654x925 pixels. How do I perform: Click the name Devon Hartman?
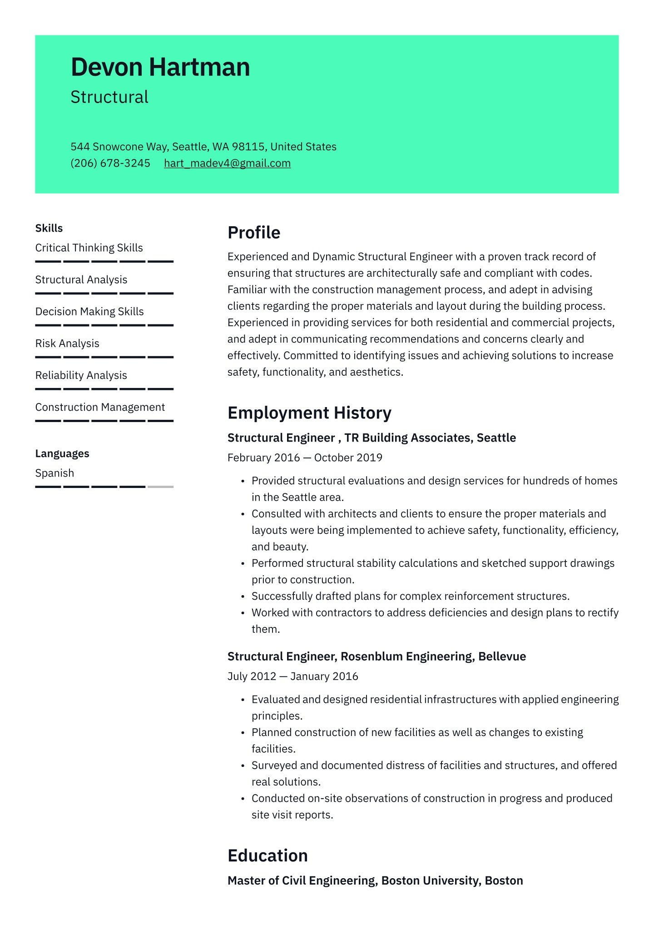[160, 67]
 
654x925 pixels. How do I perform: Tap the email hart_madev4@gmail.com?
[227, 163]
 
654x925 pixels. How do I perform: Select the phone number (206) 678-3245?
[110, 163]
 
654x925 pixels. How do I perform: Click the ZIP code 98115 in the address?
[248, 147]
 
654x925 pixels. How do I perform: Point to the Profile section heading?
[254, 233]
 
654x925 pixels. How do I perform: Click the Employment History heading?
[309, 413]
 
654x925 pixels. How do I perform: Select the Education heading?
[268, 855]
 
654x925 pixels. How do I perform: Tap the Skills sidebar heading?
[49, 228]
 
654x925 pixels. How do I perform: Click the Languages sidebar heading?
[62, 453]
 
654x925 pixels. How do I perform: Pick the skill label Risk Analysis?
[67, 343]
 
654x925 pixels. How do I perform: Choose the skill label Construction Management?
[100, 407]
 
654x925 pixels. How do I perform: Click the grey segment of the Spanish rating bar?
[160, 487]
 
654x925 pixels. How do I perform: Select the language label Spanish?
[54, 473]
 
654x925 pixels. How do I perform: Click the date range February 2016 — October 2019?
[305, 458]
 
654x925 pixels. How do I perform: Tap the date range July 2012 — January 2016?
[292, 676]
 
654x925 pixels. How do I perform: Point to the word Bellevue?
[502, 656]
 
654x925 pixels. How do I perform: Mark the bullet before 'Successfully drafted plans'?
[243, 597]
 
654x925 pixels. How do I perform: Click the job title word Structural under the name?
[109, 97]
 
